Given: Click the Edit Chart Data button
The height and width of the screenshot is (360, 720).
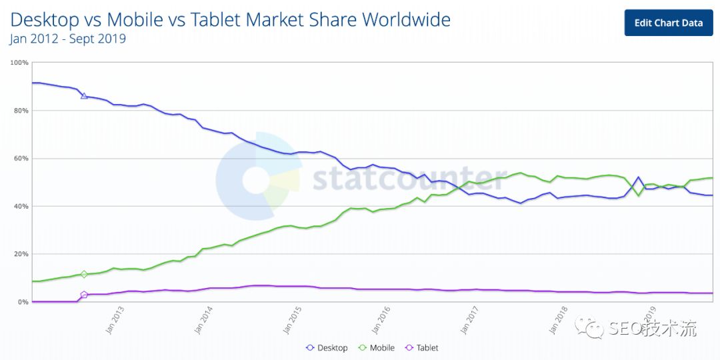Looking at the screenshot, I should (668, 23).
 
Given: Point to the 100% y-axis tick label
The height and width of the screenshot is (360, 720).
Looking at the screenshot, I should (19, 63).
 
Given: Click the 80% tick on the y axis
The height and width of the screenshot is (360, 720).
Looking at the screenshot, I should (20, 111).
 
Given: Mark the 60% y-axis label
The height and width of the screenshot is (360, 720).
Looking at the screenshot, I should (20, 159).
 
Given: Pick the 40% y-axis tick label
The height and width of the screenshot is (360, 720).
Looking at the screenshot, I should (20, 207).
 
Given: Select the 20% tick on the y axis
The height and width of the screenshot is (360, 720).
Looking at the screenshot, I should (20, 255).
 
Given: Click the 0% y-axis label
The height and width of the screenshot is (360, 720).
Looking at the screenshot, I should (21, 303).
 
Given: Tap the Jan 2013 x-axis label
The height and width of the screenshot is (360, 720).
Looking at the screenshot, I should (115, 321).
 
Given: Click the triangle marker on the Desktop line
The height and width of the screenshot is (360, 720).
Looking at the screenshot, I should (84, 96).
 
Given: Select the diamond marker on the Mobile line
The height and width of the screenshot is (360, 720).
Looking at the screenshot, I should (84, 274).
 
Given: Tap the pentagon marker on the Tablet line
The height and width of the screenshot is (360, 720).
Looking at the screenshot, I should (84, 295).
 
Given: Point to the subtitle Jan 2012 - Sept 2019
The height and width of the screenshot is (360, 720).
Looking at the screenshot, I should (67, 39).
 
